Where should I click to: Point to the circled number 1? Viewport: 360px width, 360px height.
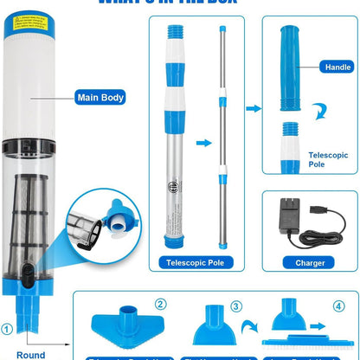pos(8,328)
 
